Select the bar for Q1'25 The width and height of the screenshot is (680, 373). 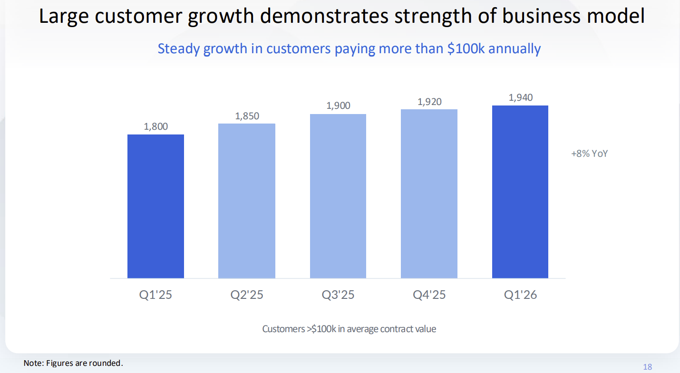155,206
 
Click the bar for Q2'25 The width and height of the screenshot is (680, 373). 247,201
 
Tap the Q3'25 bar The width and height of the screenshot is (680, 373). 338,196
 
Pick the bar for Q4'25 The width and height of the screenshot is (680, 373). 429,194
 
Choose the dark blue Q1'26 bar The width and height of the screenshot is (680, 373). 520,191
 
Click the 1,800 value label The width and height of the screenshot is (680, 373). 156,127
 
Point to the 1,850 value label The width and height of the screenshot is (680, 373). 247,116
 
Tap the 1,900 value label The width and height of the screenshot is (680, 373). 338,106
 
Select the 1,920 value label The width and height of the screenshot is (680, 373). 429,102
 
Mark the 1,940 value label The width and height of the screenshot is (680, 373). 521,97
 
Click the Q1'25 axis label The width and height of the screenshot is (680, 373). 155,295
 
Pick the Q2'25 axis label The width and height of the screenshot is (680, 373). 247,295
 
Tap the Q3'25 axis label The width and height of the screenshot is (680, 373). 338,295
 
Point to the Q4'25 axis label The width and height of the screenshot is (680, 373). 429,295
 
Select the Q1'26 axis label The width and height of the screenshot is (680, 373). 521,295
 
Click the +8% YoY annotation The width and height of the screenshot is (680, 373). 590,154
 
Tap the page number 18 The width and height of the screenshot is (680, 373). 647,367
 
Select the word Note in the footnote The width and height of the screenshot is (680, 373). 33,363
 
